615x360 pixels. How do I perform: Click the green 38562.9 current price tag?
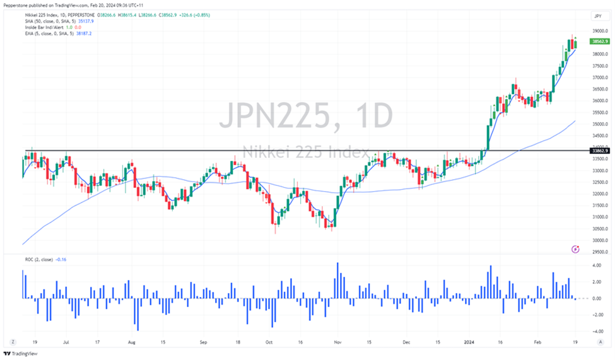[598, 42]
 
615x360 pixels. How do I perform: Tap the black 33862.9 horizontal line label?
[598, 151]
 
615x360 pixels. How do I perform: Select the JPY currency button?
[597, 16]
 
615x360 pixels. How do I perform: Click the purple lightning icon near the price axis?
[575, 250]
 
